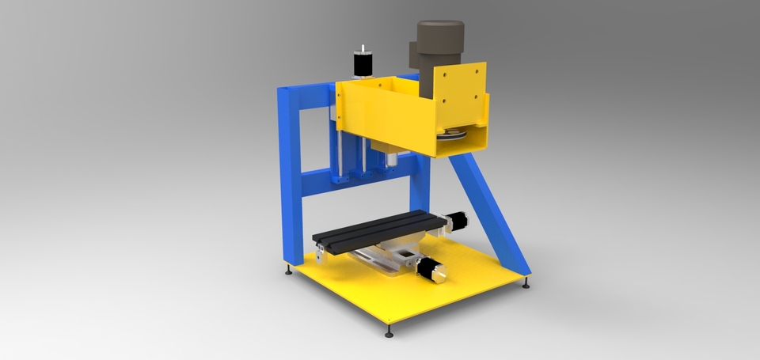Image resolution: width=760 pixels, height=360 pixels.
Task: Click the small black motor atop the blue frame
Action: [x=363, y=63]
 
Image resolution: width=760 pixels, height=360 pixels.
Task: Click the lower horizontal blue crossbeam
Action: [x=360, y=185]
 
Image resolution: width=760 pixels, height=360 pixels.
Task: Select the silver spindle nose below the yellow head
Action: [x=391, y=159]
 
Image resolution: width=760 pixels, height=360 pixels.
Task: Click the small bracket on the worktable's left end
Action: [x=319, y=256]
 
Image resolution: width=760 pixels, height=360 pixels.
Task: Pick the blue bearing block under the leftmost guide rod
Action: [x=340, y=180]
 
